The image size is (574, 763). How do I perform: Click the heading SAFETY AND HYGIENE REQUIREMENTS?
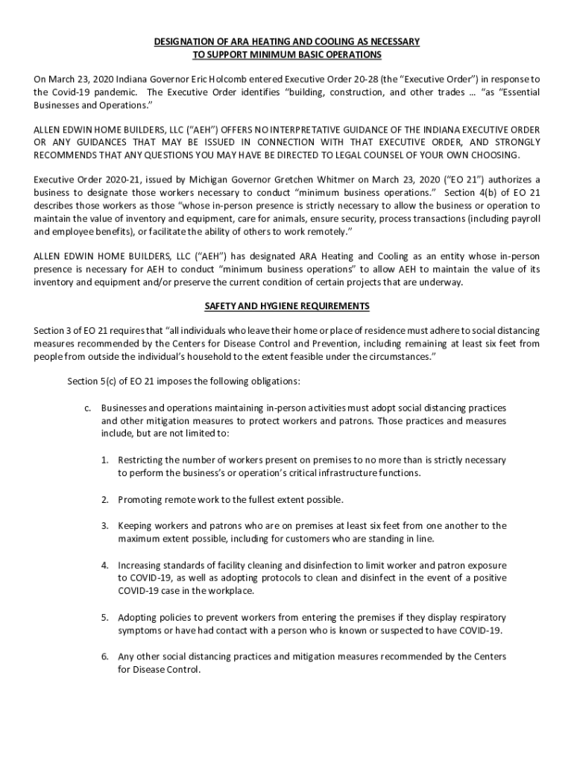tap(287, 306)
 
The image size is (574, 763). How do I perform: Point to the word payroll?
tap(524, 218)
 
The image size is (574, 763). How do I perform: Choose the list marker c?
tap(87, 408)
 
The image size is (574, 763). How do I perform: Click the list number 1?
tap(106, 460)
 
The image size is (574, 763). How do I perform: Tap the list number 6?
tap(106, 656)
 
